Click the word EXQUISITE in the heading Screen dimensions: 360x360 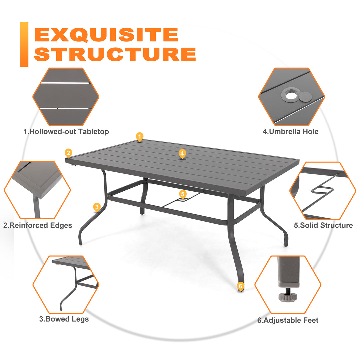click(x=106, y=35)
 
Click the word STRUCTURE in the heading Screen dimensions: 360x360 click(x=115, y=54)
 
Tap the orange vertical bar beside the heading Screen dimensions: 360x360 click(x=24, y=44)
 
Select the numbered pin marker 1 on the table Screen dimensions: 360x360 click(x=140, y=136)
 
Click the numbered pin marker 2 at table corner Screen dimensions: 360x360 click(x=68, y=153)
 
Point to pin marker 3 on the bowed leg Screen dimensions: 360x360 click(x=97, y=207)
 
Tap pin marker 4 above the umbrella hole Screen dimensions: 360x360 click(x=182, y=154)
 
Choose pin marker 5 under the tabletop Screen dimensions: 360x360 click(x=182, y=194)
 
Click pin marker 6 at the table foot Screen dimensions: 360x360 click(x=241, y=286)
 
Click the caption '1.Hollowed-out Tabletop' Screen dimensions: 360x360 click(x=66, y=132)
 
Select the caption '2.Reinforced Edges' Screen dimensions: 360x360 click(x=38, y=225)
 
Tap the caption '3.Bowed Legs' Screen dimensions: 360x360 click(x=64, y=319)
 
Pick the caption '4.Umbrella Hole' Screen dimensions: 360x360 click(x=290, y=132)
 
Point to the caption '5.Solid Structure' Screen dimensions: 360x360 click(x=323, y=225)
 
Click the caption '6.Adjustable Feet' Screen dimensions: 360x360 click(x=288, y=320)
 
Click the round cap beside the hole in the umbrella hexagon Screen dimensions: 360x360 click(x=305, y=97)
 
